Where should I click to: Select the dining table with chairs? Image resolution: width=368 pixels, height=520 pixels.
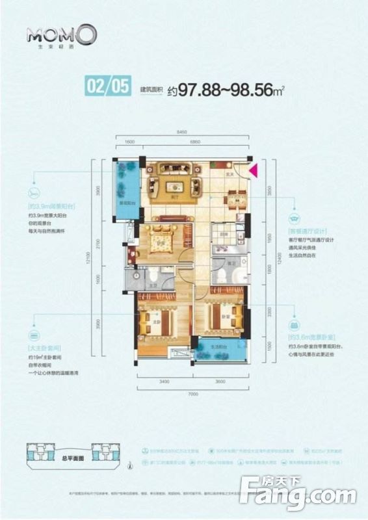tap(234, 196)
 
